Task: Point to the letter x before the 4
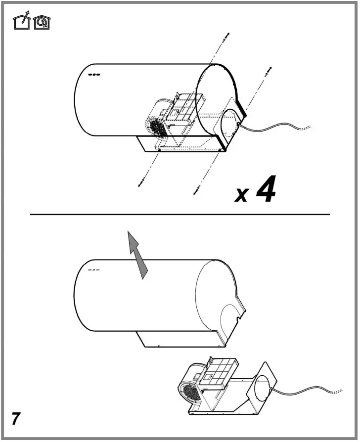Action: (241, 194)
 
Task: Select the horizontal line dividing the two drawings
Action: (180, 215)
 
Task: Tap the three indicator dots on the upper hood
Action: (94, 76)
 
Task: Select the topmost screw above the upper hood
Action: (226, 36)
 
